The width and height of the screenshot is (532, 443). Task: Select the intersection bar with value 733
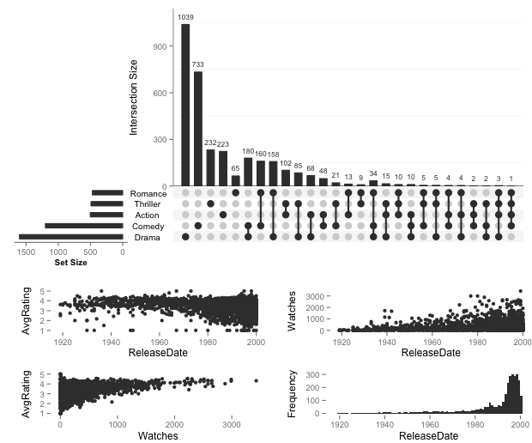coord(198,129)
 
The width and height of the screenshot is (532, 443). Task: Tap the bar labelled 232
coord(211,167)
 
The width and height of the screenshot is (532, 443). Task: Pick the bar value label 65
coord(236,169)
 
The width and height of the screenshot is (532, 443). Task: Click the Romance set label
coord(149,194)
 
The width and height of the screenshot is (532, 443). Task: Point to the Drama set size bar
coord(71,236)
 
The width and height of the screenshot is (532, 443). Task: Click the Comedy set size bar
coord(84,226)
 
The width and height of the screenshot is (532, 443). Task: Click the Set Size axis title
coord(71,262)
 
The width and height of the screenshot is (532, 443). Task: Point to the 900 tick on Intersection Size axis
coord(160,46)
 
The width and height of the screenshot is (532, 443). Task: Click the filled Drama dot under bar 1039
coord(185,236)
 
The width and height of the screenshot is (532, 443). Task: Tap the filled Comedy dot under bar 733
coord(198,226)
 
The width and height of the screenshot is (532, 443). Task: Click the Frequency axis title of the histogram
coord(294,393)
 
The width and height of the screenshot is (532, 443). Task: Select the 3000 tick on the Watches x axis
coord(230,425)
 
